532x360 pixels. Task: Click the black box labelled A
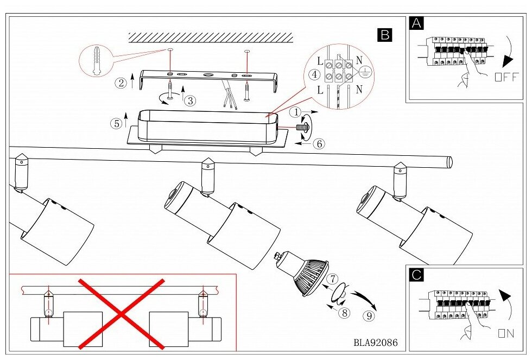coord(416,23)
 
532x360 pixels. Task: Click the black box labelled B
coord(384,35)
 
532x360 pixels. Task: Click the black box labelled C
coord(416,275)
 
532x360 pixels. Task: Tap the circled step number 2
coord(121,83)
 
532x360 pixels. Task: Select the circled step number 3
coord(191,100)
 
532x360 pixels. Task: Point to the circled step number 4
coord(314,74)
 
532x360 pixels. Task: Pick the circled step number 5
coord(116,123)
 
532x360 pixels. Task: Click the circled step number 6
coord(319,144)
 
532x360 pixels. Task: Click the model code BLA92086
coord(375,343)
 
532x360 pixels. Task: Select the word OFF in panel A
coord(506,77)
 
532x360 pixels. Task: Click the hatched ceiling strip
coord(210,37)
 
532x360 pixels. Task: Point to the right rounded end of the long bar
coord(448,161)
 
